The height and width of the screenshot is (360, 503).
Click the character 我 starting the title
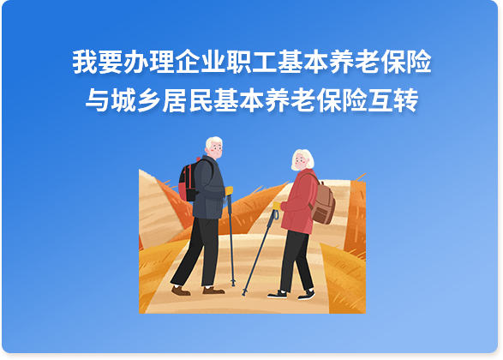pos(85,62)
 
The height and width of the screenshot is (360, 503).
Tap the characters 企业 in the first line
pos(201,62)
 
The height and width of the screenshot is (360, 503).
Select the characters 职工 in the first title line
pos(252,62)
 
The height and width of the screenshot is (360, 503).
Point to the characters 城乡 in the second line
pos(136,100)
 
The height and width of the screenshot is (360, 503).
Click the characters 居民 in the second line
pos(188,100)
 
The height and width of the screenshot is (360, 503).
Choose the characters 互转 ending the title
pos(393,100)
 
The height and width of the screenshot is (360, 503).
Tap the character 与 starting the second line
pos(98,100)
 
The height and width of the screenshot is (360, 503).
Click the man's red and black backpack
pos(188,181)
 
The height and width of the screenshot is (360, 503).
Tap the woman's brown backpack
pos(323,203)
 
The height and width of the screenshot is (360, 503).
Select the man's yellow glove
pos(229,190)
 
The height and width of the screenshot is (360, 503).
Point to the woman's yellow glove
pos(277,206)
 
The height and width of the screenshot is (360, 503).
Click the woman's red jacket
pos(299,201)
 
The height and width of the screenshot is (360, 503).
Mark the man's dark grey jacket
pos(208,189)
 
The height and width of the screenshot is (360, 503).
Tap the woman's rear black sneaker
pos(307,295)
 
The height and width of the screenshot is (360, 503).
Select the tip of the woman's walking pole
pos(244,294)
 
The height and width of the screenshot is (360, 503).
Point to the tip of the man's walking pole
pos(234,285)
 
